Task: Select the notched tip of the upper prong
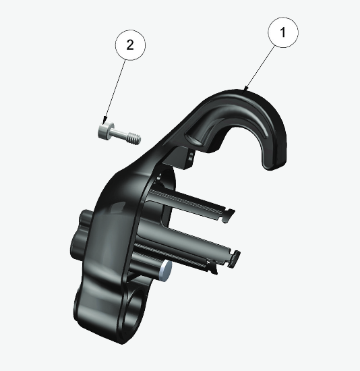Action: click(x=229, y=215)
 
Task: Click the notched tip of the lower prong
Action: click(x=235, y=256)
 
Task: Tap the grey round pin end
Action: click(x=166, y=270)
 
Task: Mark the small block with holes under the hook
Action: click(x=190, y=156)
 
